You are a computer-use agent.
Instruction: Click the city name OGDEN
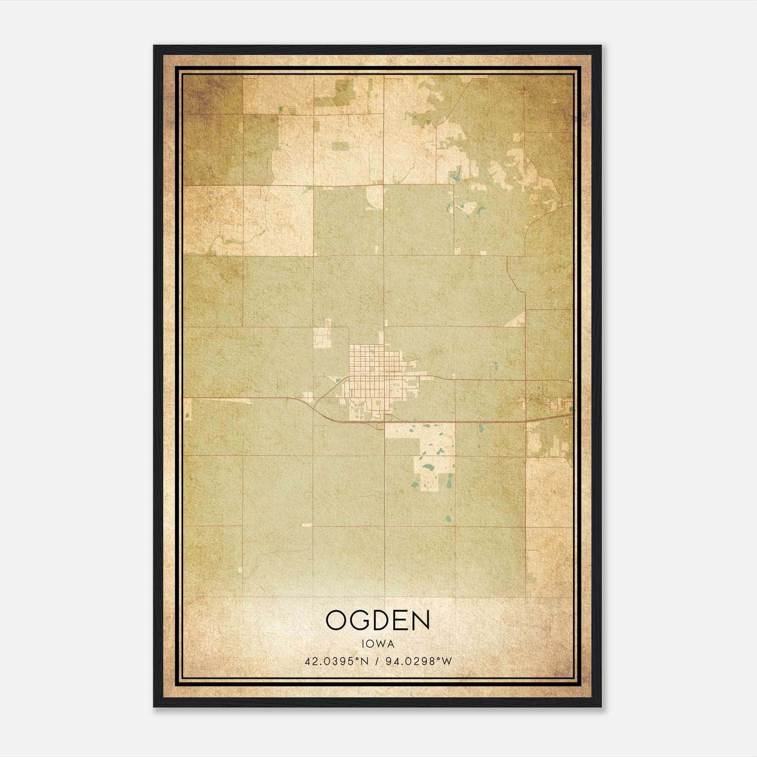pos(378,620)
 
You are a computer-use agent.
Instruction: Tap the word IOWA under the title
pos(378,643)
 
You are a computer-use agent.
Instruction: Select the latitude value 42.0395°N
pos(336,661)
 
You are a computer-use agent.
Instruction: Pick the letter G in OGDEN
pos(360,620)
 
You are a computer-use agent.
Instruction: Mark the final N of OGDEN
pos(421,620)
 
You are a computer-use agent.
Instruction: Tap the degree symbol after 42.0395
pos(356,659)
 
